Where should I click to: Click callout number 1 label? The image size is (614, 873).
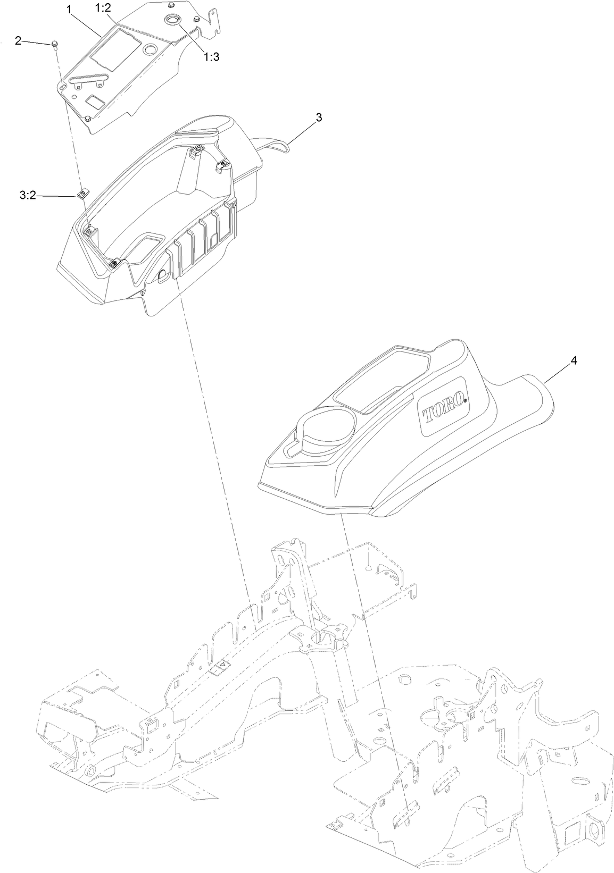pyautogui.click(x=68, y=9)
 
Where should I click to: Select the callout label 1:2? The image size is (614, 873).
pyautogui.click(x=103, y=9)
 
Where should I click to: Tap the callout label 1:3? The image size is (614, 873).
pyautogui.click(x=211, y=57)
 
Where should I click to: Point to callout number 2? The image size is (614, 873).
pyautogui.click(x=18, y=40)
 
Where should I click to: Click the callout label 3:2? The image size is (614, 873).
pyautogui.click(x=27, y=196)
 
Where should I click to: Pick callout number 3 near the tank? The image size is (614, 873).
pyautogui.click(x=319, y=118)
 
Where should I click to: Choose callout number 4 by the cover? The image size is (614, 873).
pyautogui.click(x=574, y=360)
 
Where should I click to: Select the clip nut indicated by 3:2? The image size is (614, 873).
pyautogui.click(x=82, y=195)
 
